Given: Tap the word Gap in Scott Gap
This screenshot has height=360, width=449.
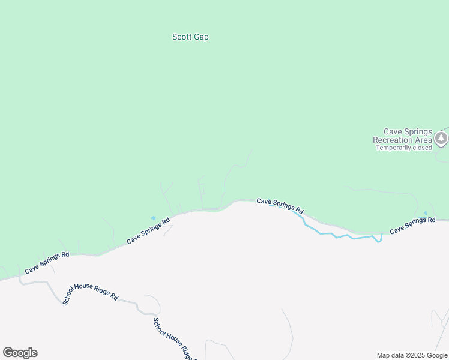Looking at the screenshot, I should [201, 37].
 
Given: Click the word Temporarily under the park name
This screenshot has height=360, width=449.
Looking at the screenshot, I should [393, 148].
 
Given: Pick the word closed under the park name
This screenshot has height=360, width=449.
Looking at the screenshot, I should [422, 148].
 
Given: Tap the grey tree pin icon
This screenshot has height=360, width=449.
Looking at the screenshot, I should [442, 139].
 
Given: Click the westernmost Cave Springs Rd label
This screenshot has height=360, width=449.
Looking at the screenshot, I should [47, 263].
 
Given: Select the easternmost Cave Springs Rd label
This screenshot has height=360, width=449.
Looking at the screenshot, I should [412, 225].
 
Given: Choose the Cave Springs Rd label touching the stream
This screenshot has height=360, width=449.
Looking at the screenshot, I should [280, 206].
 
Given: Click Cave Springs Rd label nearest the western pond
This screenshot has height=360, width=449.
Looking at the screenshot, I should [148, 230].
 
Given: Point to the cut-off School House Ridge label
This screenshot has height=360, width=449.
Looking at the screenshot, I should [172, 340].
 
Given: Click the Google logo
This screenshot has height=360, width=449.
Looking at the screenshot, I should [20, 353].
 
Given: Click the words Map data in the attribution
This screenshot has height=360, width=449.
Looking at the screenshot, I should [390, 355].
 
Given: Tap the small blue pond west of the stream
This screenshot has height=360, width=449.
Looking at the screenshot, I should [154, 218].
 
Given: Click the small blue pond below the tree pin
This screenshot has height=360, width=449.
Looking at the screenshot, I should [426, 214].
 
